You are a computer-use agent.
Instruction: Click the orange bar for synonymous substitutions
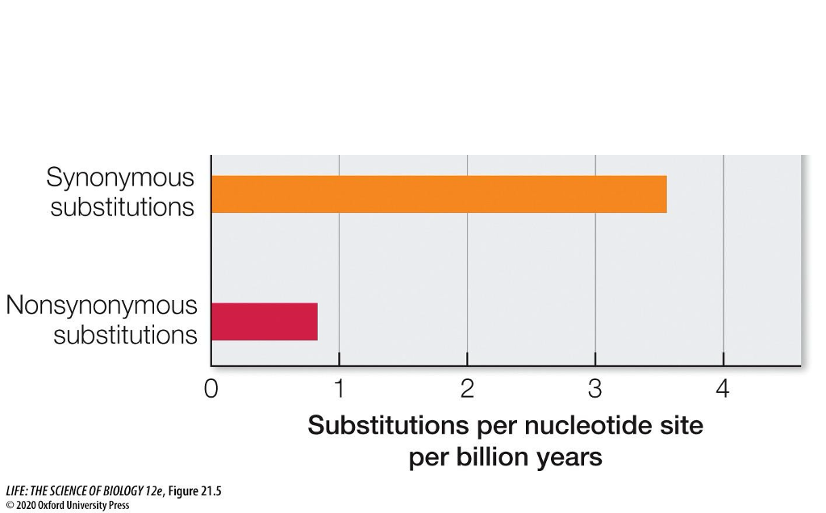coord(439,194)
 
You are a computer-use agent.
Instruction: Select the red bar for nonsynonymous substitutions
coord(265,321)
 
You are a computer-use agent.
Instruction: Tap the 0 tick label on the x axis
coord(211,390)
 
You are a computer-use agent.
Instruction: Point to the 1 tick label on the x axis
coord(340,390)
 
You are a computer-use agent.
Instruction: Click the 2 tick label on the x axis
coord(467,390)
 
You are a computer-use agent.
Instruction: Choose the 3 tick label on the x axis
coord(595,390)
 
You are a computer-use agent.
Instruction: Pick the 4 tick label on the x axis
coord(723,390)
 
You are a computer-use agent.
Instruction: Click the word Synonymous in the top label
coord(120,177)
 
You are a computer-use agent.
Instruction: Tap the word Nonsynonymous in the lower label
coord(102,306)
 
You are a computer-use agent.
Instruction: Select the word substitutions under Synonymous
coord(122,206)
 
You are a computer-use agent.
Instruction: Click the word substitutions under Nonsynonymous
coord(125,334)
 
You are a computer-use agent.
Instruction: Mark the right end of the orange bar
coord(665,194)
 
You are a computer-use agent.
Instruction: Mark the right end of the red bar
coord(316,321)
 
